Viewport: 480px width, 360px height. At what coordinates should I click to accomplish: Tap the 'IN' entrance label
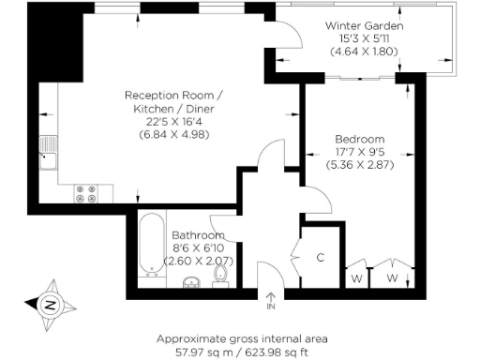pos(271,307)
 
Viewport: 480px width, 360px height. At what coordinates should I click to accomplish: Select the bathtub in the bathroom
pos(150,247)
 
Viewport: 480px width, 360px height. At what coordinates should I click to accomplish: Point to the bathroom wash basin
pos(191,280)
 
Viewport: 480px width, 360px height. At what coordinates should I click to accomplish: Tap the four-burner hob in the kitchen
pos(87,192)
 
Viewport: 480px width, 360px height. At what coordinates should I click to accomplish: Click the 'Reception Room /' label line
pos(175,95)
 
